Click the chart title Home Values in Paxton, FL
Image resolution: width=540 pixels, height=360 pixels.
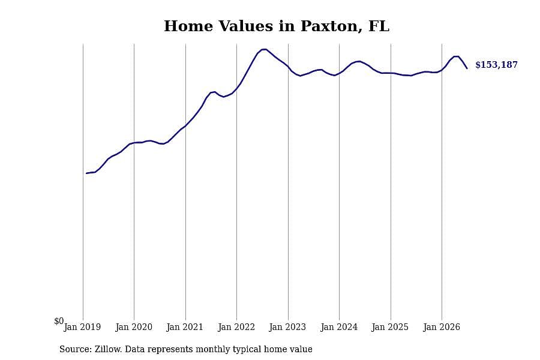[x=277, y=26]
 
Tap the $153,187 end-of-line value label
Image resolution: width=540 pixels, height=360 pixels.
[x=496, y=65]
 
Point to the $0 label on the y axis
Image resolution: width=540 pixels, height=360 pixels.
[x=59, y=321]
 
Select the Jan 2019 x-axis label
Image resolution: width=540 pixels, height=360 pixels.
[x=82, y=327]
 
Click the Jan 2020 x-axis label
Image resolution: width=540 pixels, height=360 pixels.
[x=134, y=327]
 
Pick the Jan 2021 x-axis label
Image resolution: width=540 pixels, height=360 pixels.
[x=185, y=327]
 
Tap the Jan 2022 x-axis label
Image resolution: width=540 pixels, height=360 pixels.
[x=236, y=327]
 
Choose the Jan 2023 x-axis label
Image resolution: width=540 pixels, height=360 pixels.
[x=287, y=327]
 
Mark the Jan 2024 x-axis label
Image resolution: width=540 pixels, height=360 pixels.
[x=339, y=327]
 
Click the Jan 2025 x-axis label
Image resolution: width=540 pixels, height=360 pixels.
[x=390, y=327]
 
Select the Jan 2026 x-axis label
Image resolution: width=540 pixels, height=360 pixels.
[x=442, y=327]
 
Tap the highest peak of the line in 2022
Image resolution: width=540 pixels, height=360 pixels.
[x=264, y=49]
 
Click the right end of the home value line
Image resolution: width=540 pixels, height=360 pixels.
[x=467, y=68]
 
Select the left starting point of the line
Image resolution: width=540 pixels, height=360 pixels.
[x=86, y=173]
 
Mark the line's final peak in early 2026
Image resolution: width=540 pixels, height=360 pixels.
[x=457, y=56]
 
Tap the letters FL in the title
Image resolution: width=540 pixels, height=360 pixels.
[x=379, y=26]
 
